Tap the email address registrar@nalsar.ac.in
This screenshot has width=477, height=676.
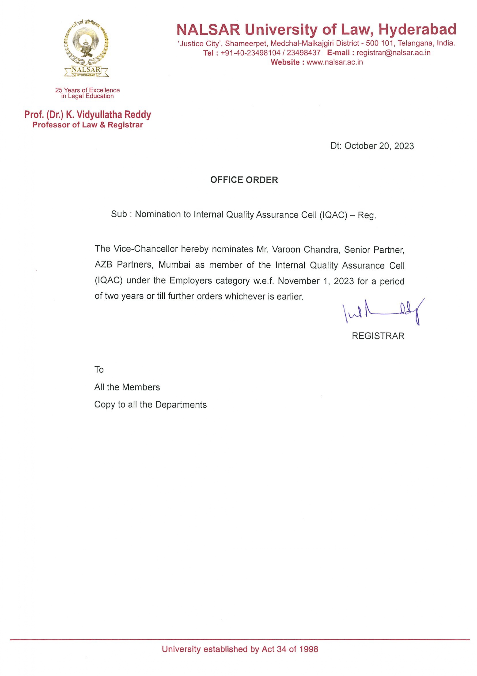(x=393, y=53)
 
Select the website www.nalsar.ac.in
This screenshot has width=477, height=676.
(x=334, y=62)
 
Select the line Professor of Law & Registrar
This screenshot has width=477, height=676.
(x=88, y=125)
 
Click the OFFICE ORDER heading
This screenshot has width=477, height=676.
(x=244, y=180)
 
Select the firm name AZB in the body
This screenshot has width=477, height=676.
(x=103, y=265)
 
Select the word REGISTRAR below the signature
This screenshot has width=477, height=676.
(x=378, y=336)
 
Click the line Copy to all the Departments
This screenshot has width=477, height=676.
(x=150, y=405)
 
